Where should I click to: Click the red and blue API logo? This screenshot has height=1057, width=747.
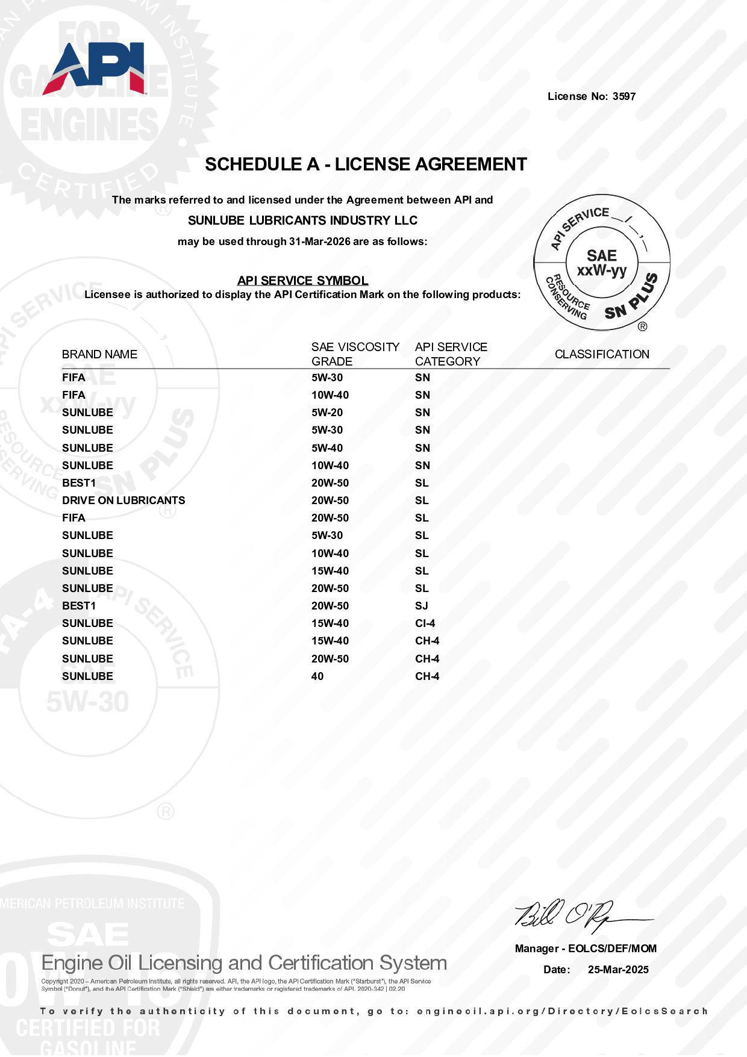pyautogui.click(x=94, y=69)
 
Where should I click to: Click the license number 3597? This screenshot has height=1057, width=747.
pyautogui.click(x=624, y=96)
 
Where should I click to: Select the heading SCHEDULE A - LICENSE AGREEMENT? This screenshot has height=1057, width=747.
pyautogui.click(x=366, y=164)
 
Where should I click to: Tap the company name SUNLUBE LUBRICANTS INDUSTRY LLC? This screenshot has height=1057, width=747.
pyautogui.click(x=302, y=220)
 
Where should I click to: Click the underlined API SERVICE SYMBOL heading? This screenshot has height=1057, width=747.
pyautogui.click(x=302, y=281)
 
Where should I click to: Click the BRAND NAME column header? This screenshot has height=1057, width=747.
pyautogui.click(x=99, y=354)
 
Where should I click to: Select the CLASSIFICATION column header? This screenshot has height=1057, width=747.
pyautogui.click(x=602, y=354)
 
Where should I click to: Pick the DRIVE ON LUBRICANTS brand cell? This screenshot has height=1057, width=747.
pyautogui.click(x=123, y=500)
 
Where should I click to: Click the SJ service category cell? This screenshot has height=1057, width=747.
pyautogui.click(x=421, y=606)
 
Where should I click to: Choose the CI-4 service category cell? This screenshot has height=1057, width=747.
pyautogui.click(x=425, y=623)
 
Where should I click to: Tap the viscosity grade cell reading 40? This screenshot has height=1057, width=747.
pyautogui.click(x=317, y=676)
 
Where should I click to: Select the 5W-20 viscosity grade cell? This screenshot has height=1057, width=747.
pyautogui.click(x=327, y=413)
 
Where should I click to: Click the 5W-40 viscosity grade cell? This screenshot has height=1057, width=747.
pyautogui.click(x=327, y=448)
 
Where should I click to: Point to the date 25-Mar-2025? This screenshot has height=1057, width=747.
pyautogui.click(x=618, y=970)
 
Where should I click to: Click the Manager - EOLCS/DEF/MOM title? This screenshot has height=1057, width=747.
pyautogui.click(x=586, y=949)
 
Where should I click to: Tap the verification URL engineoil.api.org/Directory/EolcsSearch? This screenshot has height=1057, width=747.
pyautogui.click(x=561, y=1011)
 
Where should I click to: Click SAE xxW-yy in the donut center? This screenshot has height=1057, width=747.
pyautogui.click(x=602, y=263)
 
